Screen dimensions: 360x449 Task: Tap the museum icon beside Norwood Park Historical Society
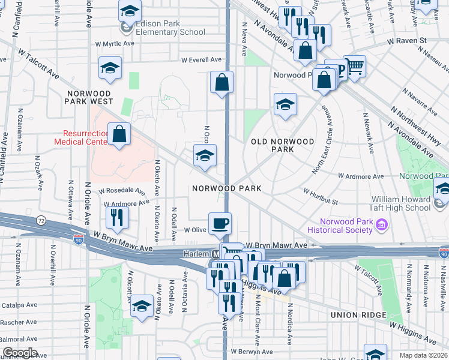[382, 225]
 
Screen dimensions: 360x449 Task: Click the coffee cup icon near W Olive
[220, 223]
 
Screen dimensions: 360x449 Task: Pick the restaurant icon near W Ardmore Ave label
[116, 217]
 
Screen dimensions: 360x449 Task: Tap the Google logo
[19, 353]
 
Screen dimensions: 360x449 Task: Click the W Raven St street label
[406, 41]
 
